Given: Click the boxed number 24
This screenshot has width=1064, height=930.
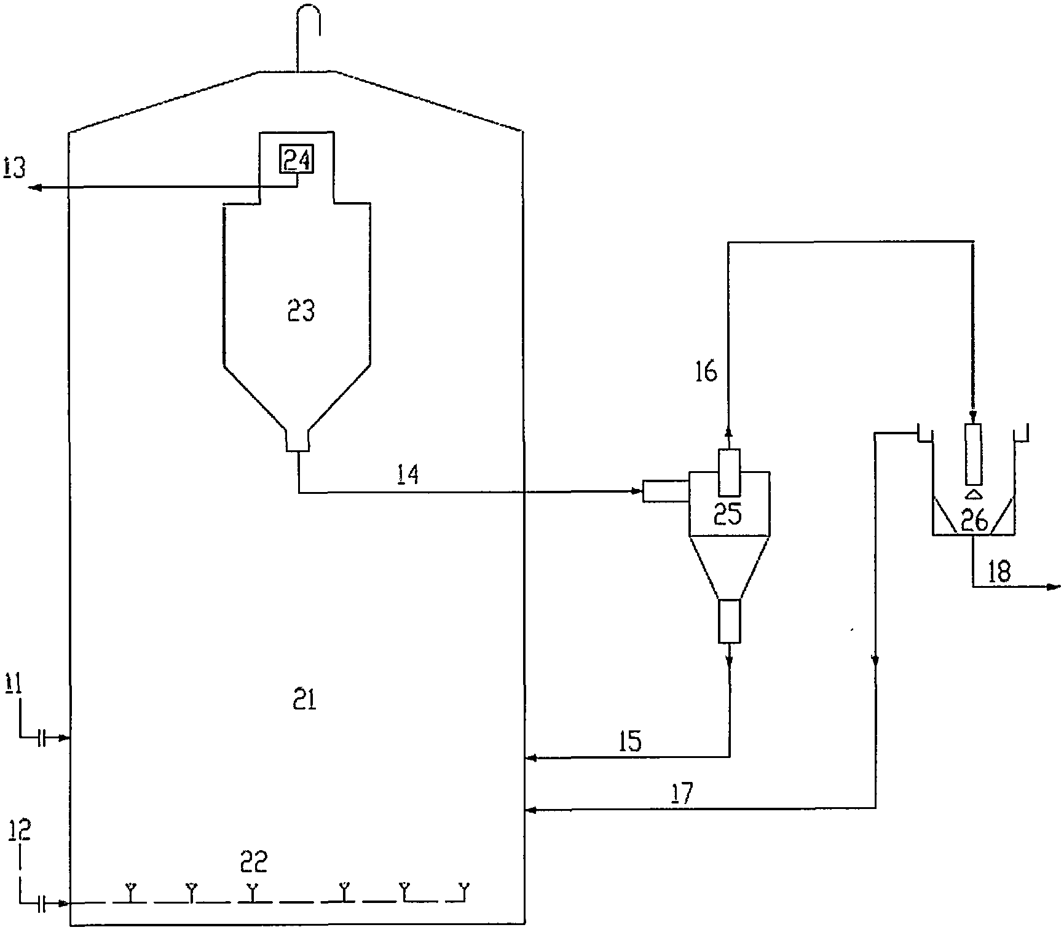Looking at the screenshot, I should click(298, 160).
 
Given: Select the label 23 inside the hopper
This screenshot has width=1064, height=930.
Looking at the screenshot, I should click(301, 311).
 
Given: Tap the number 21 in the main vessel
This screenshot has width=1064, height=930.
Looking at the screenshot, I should click(305, 700).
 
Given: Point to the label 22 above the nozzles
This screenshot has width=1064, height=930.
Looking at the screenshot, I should click(254, 861).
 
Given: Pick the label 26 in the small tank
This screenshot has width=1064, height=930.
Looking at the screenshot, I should click(974, 521).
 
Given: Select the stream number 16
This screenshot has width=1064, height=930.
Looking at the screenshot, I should click(706, 372).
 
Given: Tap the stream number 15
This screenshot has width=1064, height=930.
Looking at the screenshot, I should click(630, 741).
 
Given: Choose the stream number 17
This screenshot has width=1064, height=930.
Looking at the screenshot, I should click(682, 794).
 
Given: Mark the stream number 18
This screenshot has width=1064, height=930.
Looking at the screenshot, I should click(999, 572).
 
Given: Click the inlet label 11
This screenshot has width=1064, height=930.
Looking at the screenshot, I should click(14, 683).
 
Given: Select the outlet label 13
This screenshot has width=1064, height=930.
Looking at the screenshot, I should click(15, 167).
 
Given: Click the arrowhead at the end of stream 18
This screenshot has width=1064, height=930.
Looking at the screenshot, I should click(1054, 588).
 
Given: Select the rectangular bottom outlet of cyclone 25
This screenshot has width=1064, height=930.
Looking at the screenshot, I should click(730, 621).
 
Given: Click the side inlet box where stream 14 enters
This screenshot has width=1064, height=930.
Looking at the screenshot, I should click(665, 491).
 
